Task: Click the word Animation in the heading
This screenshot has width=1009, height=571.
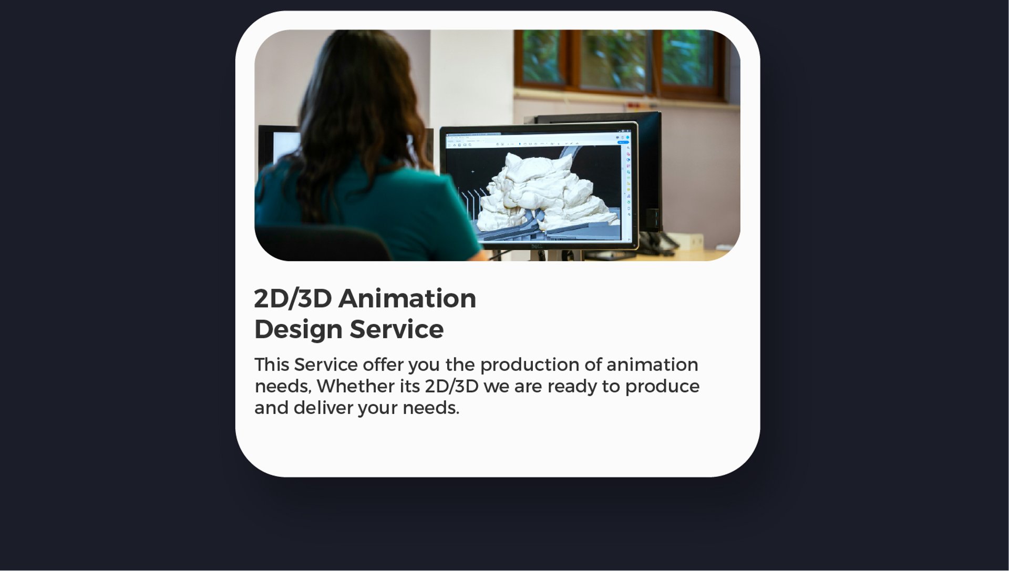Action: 407,299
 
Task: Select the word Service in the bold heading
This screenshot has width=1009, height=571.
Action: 397,330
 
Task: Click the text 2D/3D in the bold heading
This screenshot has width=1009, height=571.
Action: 293,299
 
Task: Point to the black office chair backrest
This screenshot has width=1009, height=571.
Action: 323,243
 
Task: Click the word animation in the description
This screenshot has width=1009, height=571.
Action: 652,364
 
